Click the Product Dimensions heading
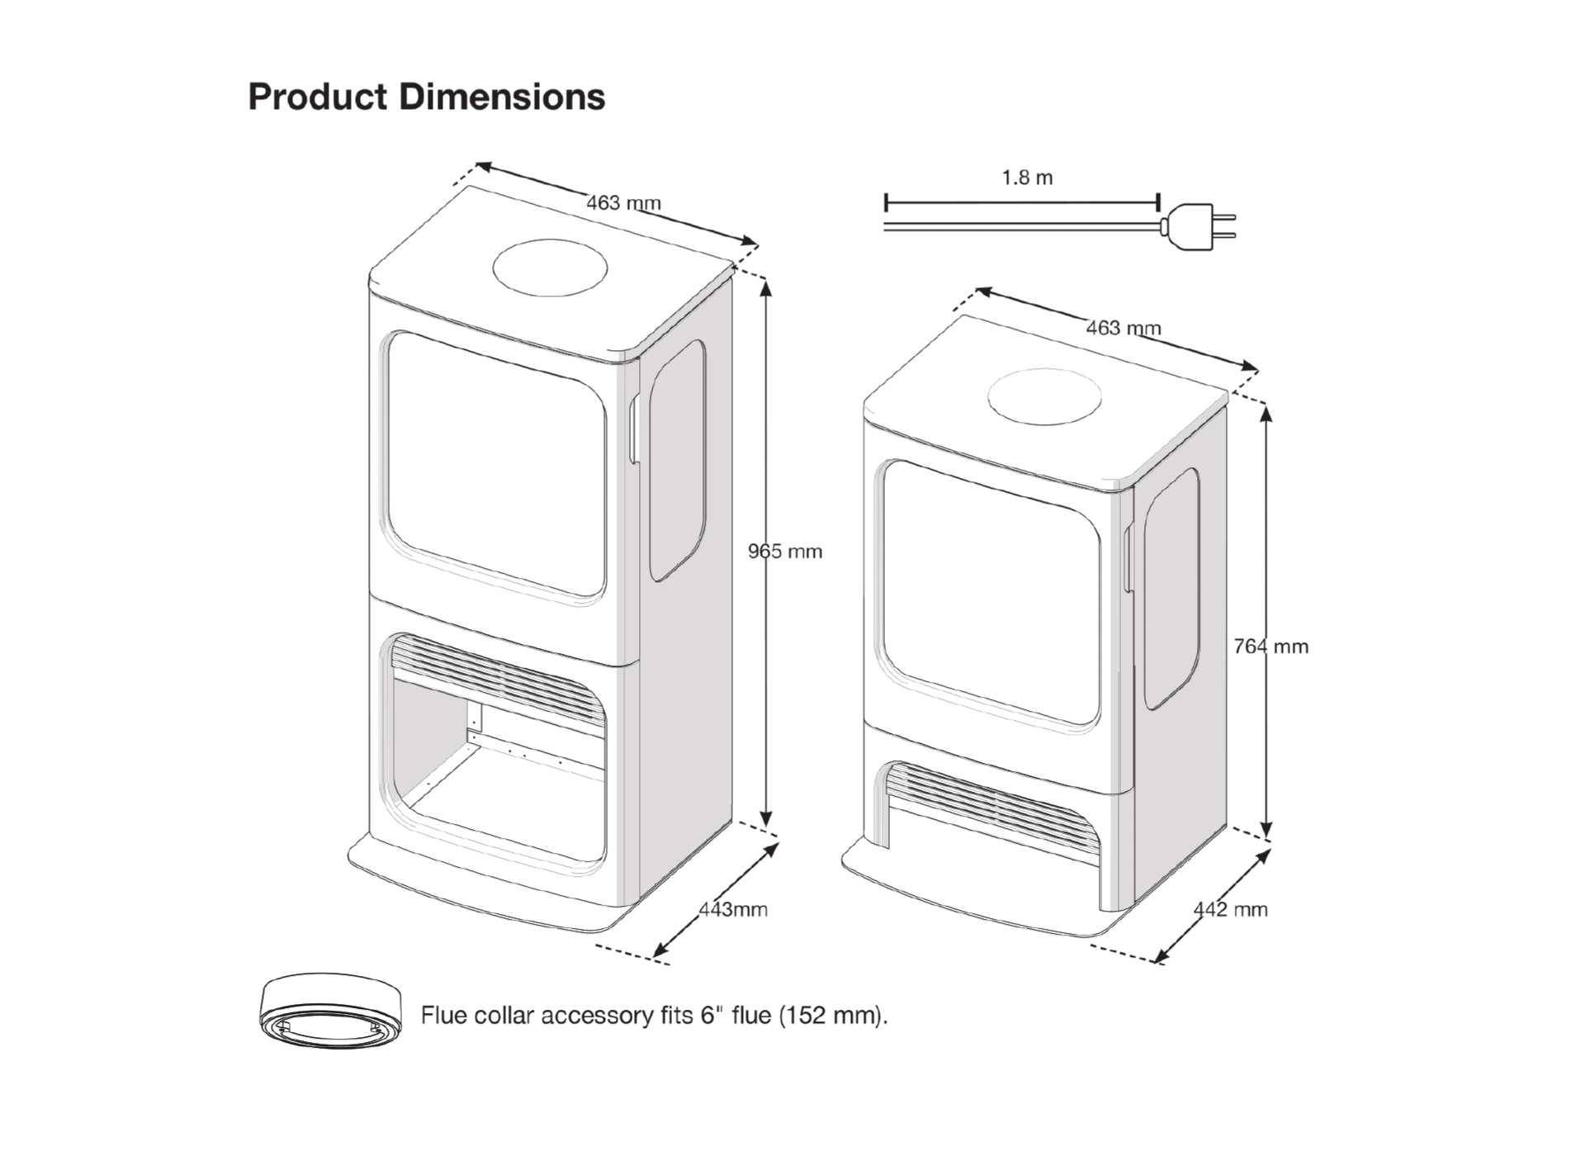pyautogui.click(x=426, y=97)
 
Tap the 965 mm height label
pyautogui.click(x=785, y=552)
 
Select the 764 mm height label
pyautogui.click(x=1270, y=647)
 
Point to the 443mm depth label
pyautogui.click(x=733, y=909)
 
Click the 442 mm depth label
pyautogui.click(x=1230, y=909)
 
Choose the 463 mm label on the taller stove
pyautogui.click(x=623, y=202)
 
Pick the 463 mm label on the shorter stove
pyautogui.click(x=1123, y=328)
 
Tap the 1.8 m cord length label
pyautogui.click(x=1027, y=178)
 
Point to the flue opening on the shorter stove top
pyautogui.click(x=1045, y=396)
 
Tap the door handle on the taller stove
pyautogui.click(x=635, y=429)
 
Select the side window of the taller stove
pyautogui.click(x=677, y=460)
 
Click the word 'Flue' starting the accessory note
pyautogui.click(x=444, y=1015)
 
